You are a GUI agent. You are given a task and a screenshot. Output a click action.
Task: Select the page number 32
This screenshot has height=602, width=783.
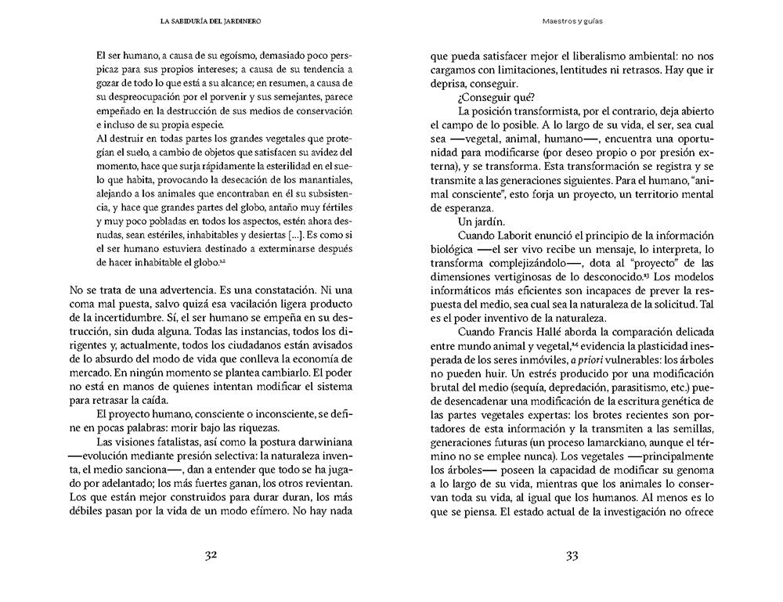[209, 555]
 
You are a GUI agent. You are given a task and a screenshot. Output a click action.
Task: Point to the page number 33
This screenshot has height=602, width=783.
[571, 555]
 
